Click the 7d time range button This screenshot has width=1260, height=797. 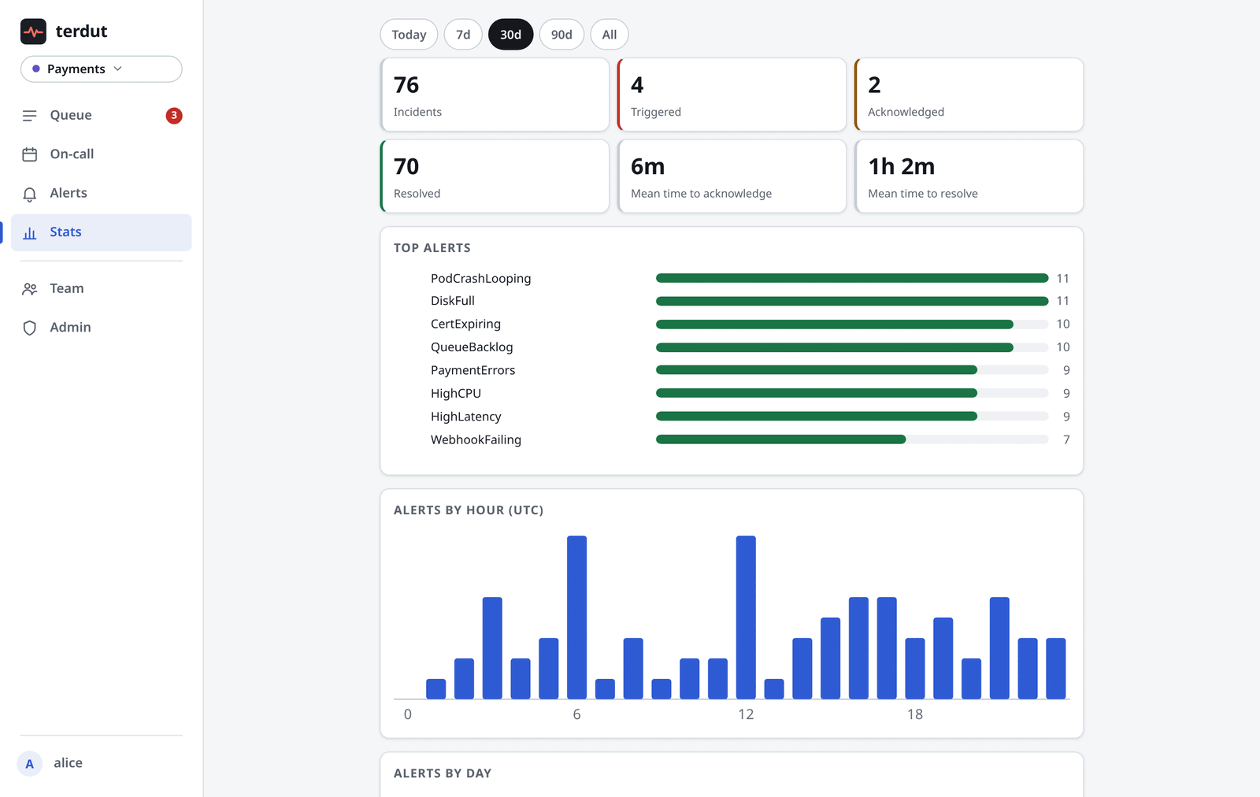click(x=463, y=35)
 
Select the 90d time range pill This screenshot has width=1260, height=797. click(x=561, y=35)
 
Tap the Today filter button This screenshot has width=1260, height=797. click(x=409, y=35)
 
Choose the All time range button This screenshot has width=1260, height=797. click(x=610, y=35)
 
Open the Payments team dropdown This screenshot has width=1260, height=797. click(x=102, y=69)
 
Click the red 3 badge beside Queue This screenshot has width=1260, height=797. click(x=174, y=115)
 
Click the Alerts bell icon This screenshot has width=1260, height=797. click(x=29, y=194)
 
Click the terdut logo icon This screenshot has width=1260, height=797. click(x=33, y=32)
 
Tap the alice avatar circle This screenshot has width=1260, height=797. click(x=29, y=763)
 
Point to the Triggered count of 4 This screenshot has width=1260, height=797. click(x=637, y=85)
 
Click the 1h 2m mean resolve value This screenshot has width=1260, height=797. click(x=901, y=166)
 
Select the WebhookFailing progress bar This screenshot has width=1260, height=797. click(x=851, y=439)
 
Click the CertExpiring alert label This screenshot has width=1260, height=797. click(x=465, y=324)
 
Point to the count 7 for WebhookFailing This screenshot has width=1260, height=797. click(x=1066, y=439)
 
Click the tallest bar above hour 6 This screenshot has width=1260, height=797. click(x=576, y=617)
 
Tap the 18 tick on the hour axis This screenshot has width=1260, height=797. click(x=914, y=714)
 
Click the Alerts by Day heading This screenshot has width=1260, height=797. click(x=442, y=773)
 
